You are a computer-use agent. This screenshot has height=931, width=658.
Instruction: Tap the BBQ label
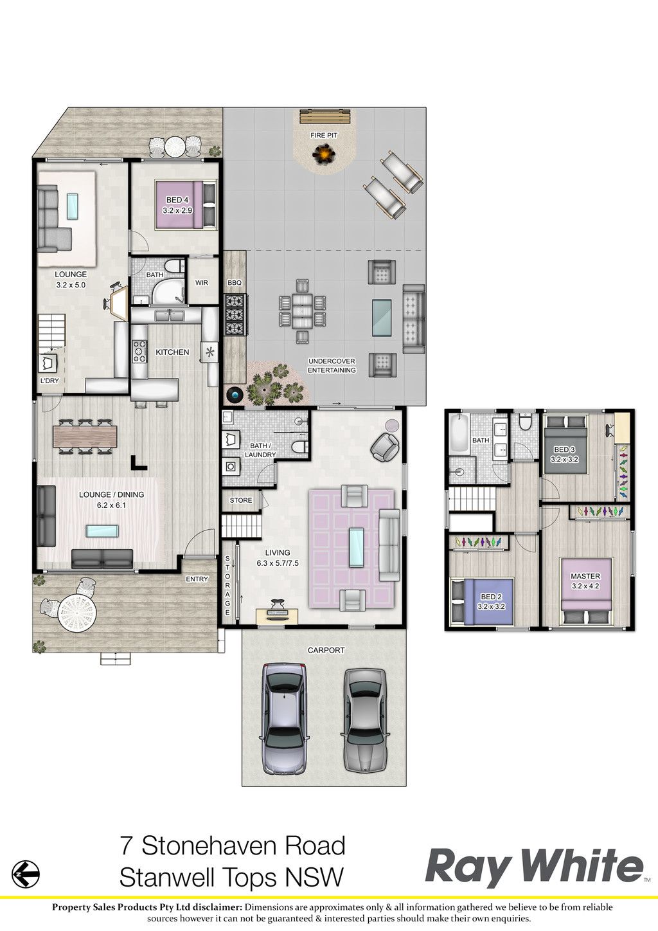pos(235,283)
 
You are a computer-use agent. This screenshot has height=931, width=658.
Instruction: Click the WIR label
pos(202,283)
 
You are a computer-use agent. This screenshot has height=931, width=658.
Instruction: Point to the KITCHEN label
pos(172,352)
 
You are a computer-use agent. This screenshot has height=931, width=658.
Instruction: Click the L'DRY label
pos(49,380)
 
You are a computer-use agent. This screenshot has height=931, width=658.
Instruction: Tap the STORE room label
pos(241,500)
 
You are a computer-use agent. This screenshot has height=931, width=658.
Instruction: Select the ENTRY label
pos(197,579)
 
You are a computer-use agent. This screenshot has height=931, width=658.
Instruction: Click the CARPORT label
pos(326,650)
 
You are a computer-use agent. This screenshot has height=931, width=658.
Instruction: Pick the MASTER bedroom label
pos(585,576)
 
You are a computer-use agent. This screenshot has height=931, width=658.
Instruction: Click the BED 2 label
pos(490,597)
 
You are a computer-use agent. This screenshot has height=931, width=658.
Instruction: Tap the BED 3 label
pos(564,449)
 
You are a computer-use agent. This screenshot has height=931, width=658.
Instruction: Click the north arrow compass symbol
pos(26,874)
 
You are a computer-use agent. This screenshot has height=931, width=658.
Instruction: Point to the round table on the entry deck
pos(77,612)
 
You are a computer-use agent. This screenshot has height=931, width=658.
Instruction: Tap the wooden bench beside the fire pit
pos(325,117)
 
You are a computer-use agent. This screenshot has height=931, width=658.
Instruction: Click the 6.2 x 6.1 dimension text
pos(109,505)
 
